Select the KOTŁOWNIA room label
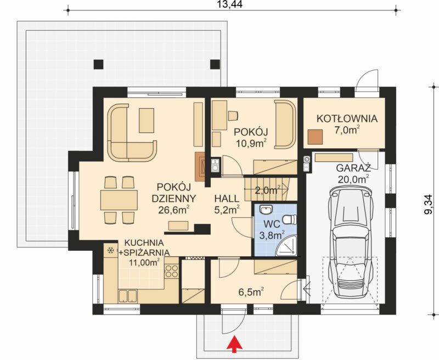(x=347, y=119)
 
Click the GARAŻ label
(x=353, y=168)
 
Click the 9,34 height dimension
(x=429, y=204)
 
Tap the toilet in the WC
(x=290, y=219)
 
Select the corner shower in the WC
(x=286, y=246)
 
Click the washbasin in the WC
(x=266, y=209)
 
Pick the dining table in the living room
(x=119, y=200)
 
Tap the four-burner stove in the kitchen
(x=172, y=271)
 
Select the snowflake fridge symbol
(x=111, y=250)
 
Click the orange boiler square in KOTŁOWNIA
(x=315, y=137)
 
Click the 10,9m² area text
(x=251, y=143)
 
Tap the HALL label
(x=227, y=199)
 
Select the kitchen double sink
(x=128, y=296)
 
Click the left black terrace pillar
(x=98, y=64)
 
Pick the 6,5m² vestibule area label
(x=251, y=292)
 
